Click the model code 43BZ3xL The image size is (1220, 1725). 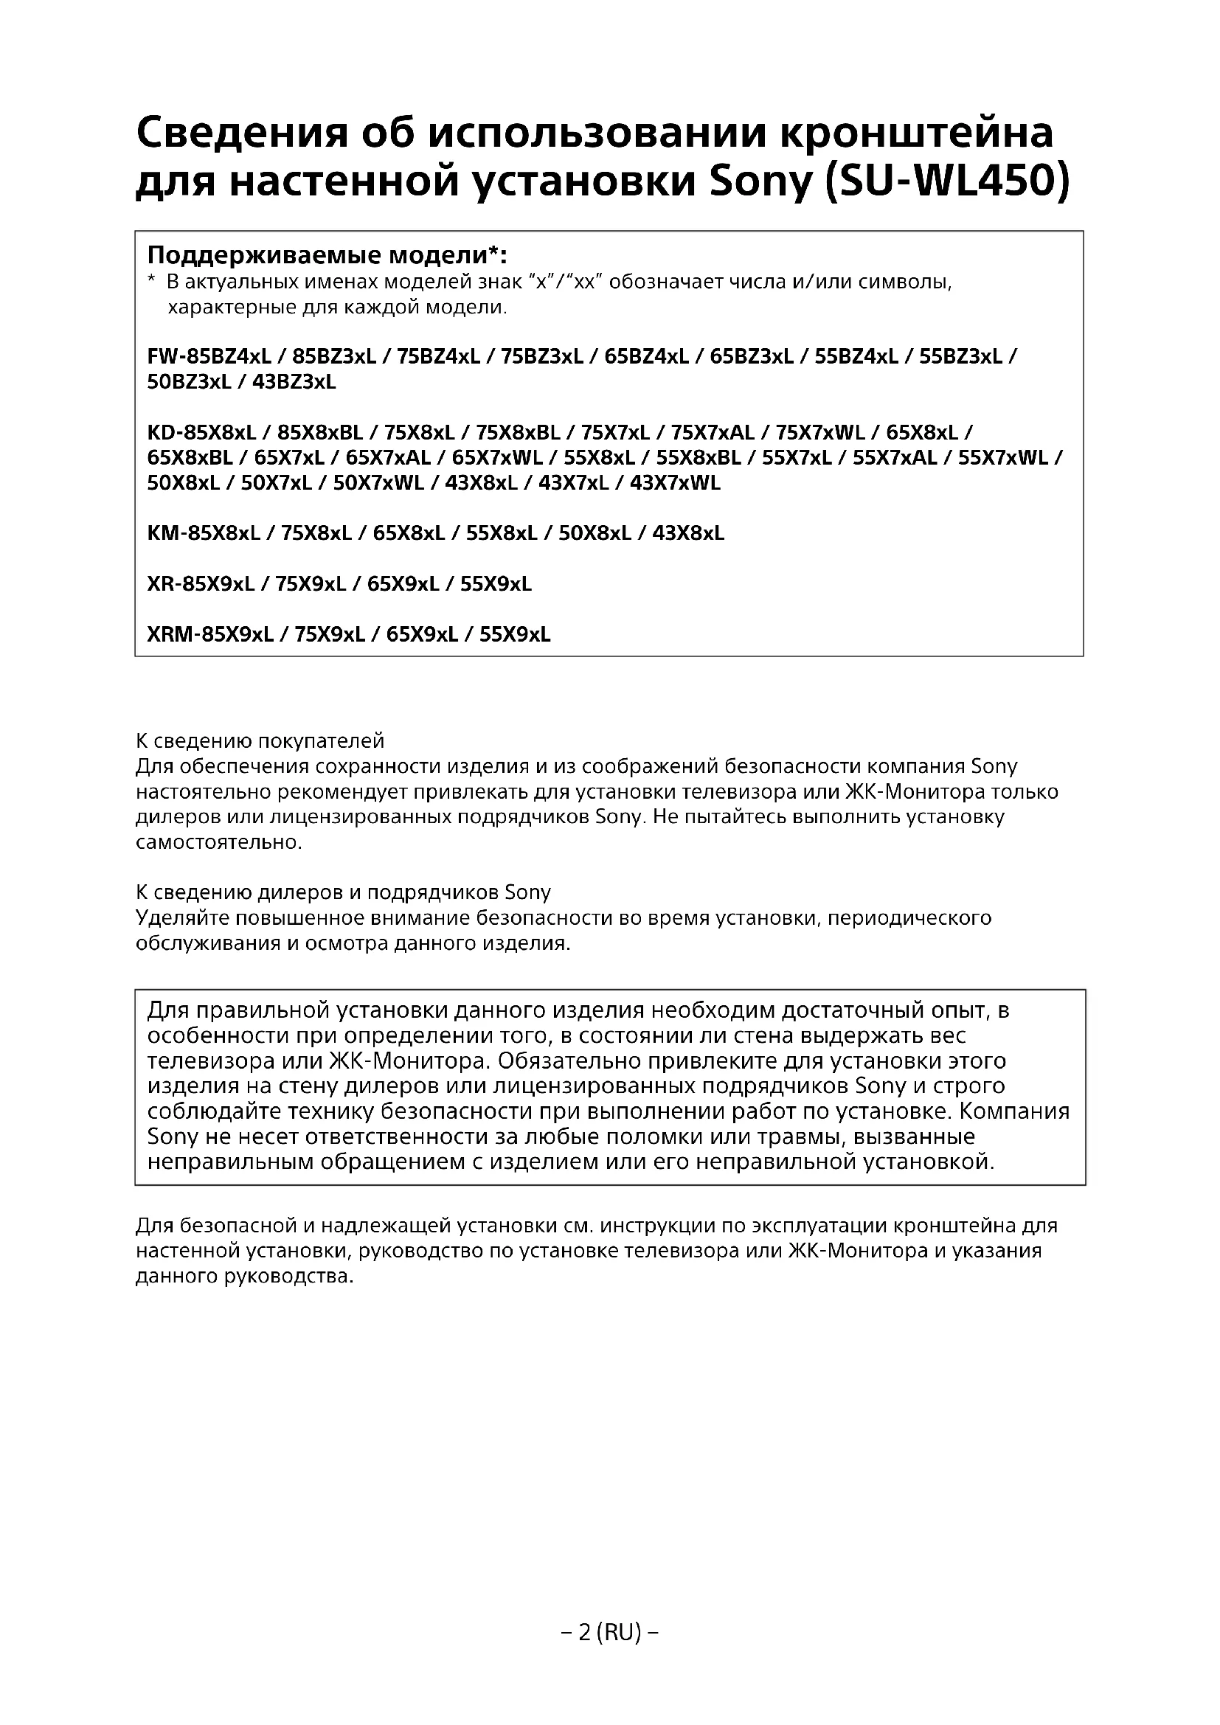point(294,382)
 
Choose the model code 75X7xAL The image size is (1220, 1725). point(713,433)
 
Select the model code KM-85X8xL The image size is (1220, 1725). point(204,533)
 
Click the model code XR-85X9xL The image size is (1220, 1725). point(201,584)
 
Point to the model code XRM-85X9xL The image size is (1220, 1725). point(210,635)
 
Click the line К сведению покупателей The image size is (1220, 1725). point(260,740)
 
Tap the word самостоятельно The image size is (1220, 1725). point(218,842)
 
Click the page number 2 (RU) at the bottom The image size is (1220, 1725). point(610,1632)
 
